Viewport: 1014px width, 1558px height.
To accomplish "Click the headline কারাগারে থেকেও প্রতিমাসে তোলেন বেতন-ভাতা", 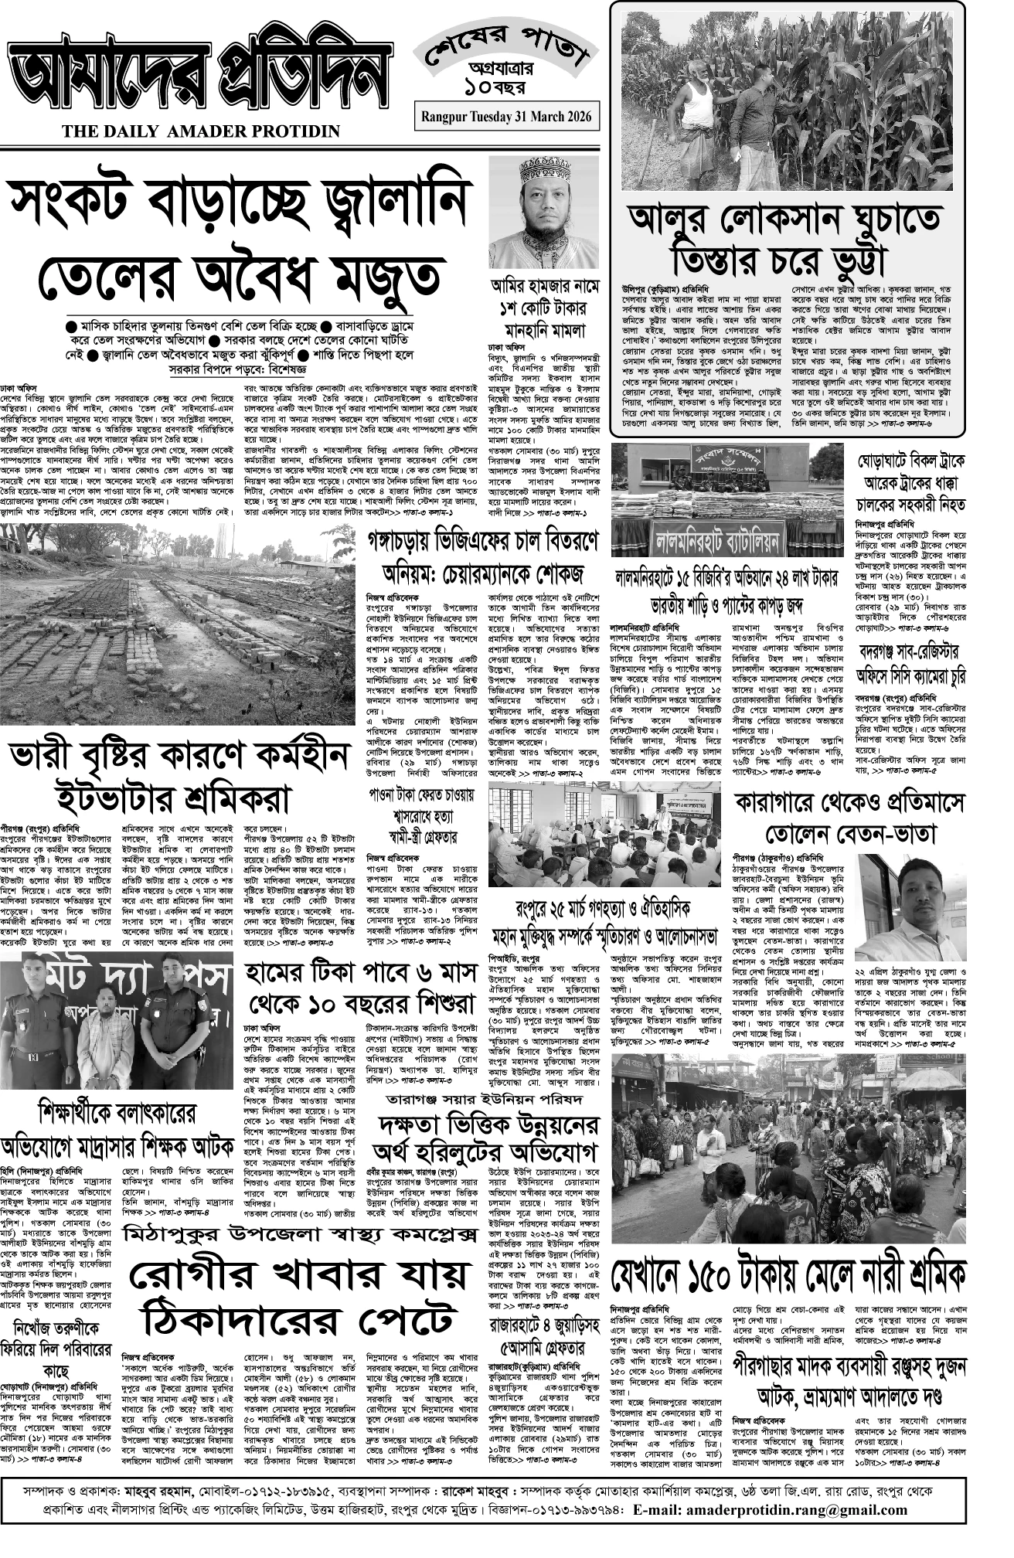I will pos(850,818).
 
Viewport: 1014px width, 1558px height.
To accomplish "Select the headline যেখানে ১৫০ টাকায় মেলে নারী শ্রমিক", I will pos(788,1273).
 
